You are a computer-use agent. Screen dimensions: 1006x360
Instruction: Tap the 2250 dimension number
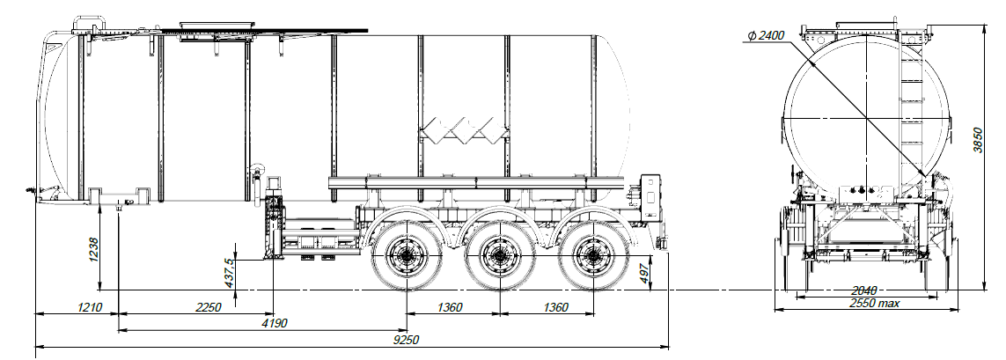point(208,307)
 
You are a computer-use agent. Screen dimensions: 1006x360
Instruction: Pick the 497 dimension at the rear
point(643,273)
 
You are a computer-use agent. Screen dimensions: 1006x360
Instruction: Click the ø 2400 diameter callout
point(764,36)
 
